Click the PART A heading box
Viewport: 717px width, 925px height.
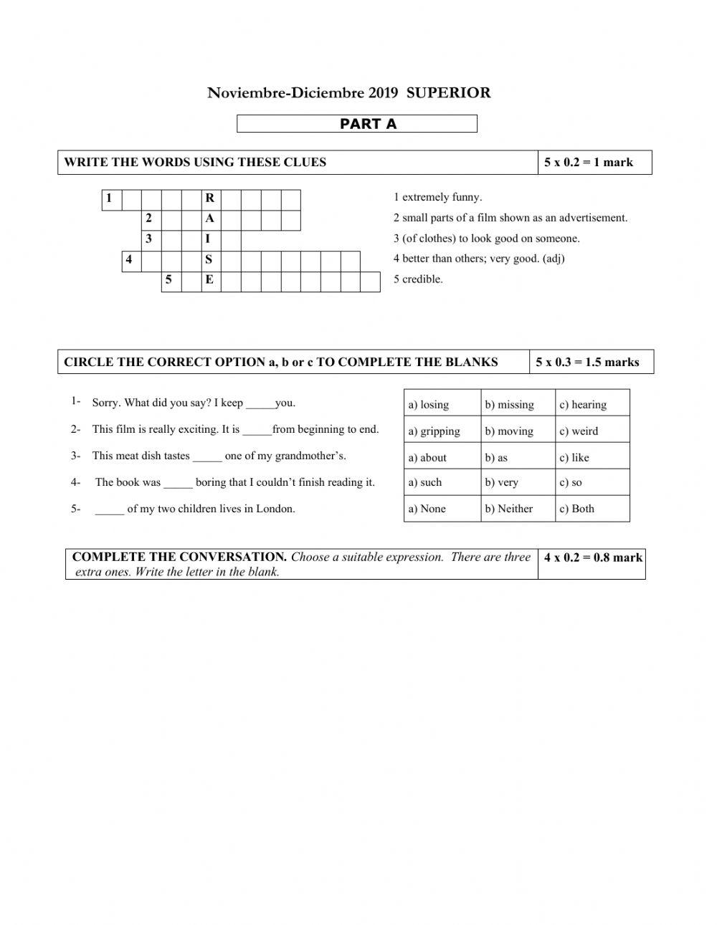pyautogui.click(x=356, y=124)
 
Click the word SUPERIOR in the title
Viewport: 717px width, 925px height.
pyautogui.click(x=448, y=92)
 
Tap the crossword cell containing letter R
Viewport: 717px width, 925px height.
pyautogui.click(x=210, y=198)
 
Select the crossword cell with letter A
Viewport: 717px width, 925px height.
pyautogui.click(x=210, y=219)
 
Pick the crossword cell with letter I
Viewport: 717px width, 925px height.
pyautogui.click(x=210, y=239)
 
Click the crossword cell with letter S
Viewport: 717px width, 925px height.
pyautogui.click(x=210, y=260)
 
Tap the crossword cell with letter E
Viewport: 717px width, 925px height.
pyautogui.click(x=210, y=280)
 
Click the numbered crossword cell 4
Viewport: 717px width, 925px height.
pyautogui.click(x=130, y=260)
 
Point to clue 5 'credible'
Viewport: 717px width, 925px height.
pyautogui.click(x=418, y=279)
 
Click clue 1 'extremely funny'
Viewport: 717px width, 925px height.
pyautogui.click(x=437, y=197)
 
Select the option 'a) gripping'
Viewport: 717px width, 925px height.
pyautogui.click(x=435, y=431)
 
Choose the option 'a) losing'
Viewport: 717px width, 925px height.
pyautogui.click(x=429, y=405)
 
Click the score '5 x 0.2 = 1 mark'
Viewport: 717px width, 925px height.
pyautogui.click(x=589, y=163)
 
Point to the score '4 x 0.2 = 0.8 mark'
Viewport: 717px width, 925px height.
pyautogui.click(x=593, y=557)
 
